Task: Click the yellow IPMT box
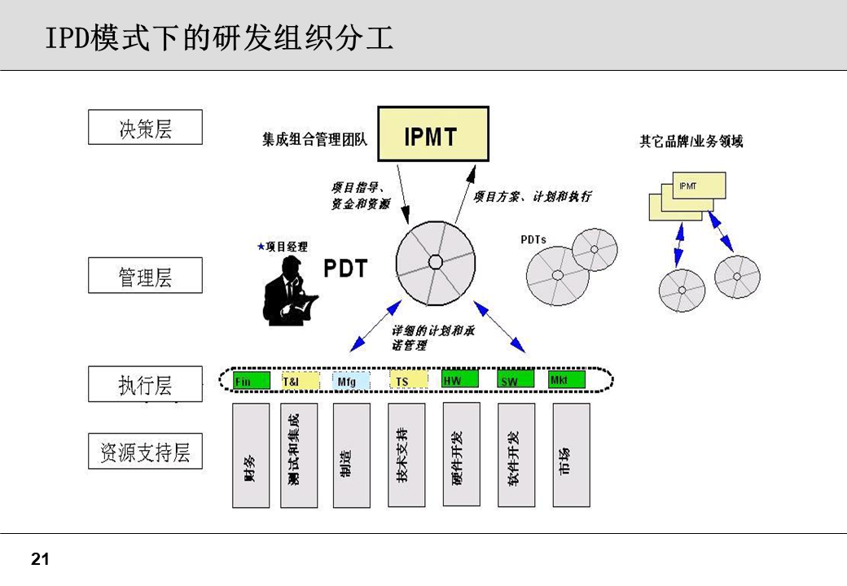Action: (x=432, y=134)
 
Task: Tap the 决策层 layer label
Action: (x=145, y=128)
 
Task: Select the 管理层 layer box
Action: (x=145, y=276)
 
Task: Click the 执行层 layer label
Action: (x=145, y=384)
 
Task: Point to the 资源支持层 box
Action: (x=145, y=452)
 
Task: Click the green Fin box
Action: (x=252, y=380)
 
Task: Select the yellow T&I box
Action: (x=300, y=380)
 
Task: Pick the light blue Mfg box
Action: (x=351, y=380)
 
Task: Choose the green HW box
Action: (x=460, y=379)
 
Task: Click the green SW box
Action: (x=516, y=380)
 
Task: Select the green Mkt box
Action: (x=568, y=379)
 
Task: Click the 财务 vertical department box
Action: (x=251, y=455)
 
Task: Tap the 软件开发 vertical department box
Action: (x=516, y=455)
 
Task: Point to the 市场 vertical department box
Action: (x=571, y=455)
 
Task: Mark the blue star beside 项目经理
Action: (x=261, y=246)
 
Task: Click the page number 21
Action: (x=40, y=559)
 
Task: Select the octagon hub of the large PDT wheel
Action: (x=436, y=262)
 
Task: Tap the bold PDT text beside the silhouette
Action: (x=346, y=269)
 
